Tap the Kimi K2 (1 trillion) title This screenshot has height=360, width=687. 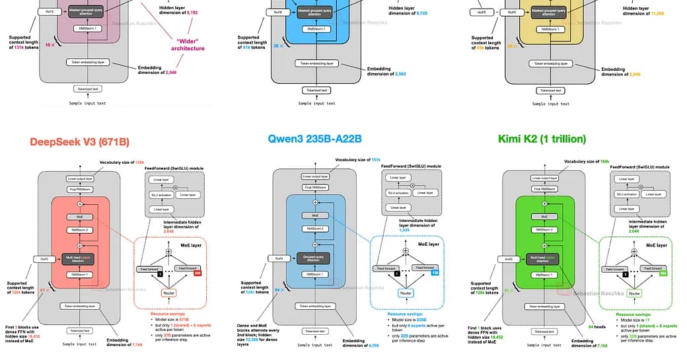(x=551, y=139)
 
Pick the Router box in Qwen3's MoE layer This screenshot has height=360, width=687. (x=406, y=292)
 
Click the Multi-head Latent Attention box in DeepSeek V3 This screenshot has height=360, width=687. (x=78, y=258)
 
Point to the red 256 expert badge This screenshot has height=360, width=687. (x=196, y=271)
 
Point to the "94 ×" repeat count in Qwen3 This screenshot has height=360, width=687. (x=278, y=289)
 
